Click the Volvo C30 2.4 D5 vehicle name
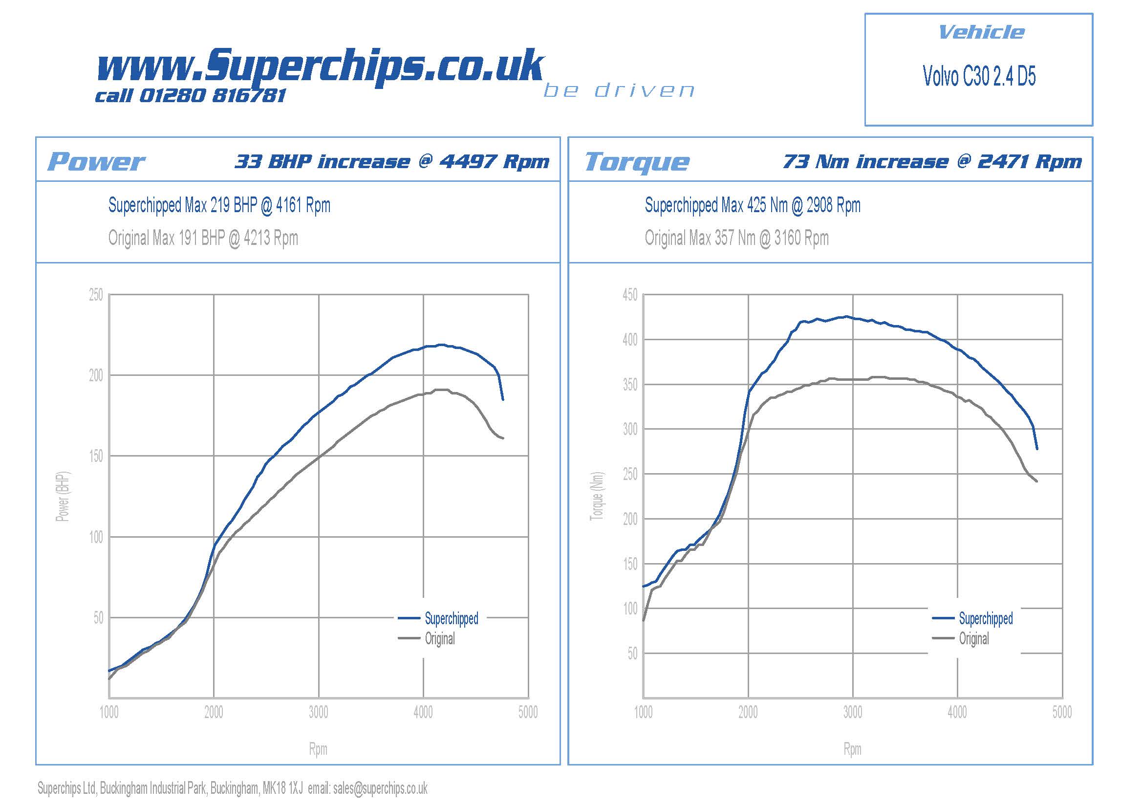(x=979, y=76)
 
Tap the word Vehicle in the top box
(x=981, y=32)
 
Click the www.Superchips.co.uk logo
(x=320, y=65)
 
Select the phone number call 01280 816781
(x=191, y=96)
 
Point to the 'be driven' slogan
(x=619, y=90)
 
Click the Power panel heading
(x=96, y=162)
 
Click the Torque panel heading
(x=637, y=162)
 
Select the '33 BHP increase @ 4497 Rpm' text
(x=392, y=161)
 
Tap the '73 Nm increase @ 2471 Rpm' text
(x=932, y=161)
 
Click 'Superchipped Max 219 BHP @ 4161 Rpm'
(x=219, y=205)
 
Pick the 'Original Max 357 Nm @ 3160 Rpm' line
(x=736, y=238)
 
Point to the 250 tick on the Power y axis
(x=96, y=295)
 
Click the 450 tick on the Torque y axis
(x=630, y=295)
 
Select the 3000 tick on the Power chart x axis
(x=318, y=712)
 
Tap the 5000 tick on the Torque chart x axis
(x=1062, y=712)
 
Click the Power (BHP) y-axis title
(x=63, y=496)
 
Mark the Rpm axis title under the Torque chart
(x=852, y=749)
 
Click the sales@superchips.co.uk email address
(x=380, y=788)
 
